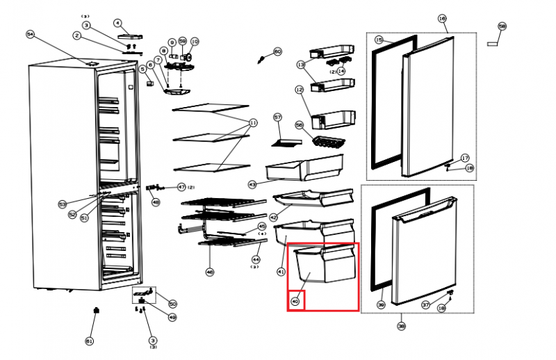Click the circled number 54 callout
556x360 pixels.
coord(30,34)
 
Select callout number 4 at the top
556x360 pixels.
coord(117,23)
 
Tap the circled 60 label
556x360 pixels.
coord(277,52)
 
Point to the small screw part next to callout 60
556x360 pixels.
coord(263,61)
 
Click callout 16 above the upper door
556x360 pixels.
coord(441,19)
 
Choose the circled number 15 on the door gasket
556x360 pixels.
coord(379,40)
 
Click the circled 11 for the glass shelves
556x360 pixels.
coord(252,122)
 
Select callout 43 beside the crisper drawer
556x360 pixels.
coord(252,184)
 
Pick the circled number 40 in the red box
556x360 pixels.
coord(296,302)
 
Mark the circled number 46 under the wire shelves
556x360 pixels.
coord(210,272)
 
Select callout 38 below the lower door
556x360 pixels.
coord(401,326)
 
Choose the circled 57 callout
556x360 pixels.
coord(277,117)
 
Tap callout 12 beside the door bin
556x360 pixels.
coord(300,90)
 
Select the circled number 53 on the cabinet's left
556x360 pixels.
coord(62,204)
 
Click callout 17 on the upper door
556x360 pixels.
coord(465,158)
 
